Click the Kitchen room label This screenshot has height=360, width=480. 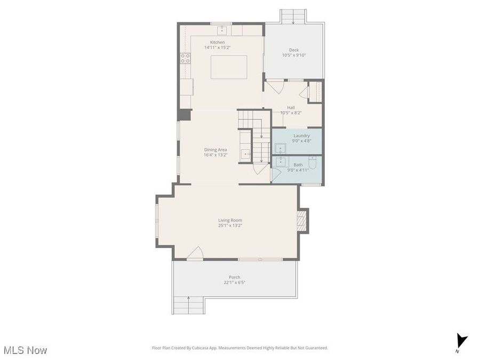coord(217,42)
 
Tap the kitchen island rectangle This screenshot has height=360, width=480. coord(229,67)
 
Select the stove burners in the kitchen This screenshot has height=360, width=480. coord(185,59)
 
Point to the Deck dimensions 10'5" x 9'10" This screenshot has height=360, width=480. coord(294,55)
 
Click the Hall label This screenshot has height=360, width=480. coord(291,107)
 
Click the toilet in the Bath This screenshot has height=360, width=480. coord(313,163)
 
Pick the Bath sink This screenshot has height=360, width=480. coord(281,162)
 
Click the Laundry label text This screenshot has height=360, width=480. coord(301,135)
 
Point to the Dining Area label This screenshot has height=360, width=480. coord(215,150)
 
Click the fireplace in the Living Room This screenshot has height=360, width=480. coord(302,221)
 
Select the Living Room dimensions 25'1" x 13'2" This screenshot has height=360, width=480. coord(230,226)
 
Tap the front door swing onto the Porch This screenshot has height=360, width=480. coord(195,254)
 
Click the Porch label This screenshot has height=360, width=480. coord(234,277)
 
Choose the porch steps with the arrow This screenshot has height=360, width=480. coord(188,305)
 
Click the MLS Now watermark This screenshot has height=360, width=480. coord(25,350)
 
